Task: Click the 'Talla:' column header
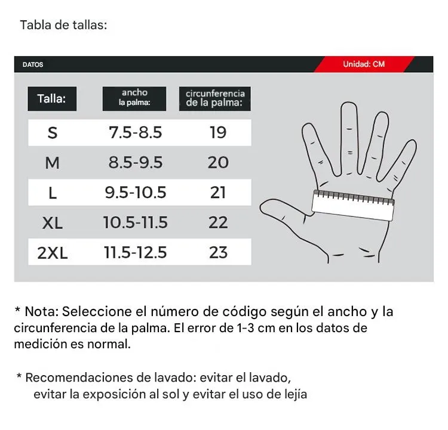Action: click(51, 98)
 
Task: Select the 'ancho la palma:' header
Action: click(134, 98)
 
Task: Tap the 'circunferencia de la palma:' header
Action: click(215, 98)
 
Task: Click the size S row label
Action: click(53, 132)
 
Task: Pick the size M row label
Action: click(53, 162)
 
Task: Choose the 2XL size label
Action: click(53, 253)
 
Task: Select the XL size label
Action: click(53, 223)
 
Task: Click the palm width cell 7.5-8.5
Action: click(135, 132)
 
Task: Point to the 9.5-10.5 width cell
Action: click(135, 193)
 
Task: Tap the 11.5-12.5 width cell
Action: click(135, 253)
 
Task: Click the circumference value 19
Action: click(218, 132)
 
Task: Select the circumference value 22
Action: click(218, 223)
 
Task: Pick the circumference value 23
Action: click(218, 253)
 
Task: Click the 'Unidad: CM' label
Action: click(364, 64)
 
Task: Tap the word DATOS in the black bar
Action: click(33, 65)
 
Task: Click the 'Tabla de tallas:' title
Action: click(63, 26)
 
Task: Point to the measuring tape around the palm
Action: click(354, 203)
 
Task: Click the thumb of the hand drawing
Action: click(281, 212)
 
